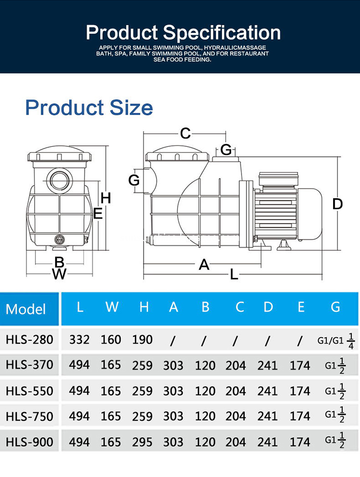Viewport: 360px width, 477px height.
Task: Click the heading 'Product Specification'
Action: pos(183,33)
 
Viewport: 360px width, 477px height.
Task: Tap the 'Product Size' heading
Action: pos(89,107)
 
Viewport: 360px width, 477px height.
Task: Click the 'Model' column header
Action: pos(26,309)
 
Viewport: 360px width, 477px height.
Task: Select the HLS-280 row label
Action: pos(29,340)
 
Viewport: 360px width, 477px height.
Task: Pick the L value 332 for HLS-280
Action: pos(79,340)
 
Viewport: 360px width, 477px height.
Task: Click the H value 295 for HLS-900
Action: pos(143,442)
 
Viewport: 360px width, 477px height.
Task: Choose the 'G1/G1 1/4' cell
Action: pos(336,340)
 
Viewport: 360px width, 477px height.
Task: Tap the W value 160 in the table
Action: pos(111,340)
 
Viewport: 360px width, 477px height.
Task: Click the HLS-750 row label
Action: pos(29,416)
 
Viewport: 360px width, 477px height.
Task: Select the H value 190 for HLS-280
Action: pos(143,340)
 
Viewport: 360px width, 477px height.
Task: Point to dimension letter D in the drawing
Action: pos(338,204)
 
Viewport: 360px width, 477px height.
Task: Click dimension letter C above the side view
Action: pos(185,133)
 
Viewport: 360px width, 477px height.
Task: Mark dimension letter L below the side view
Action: pos(234,274)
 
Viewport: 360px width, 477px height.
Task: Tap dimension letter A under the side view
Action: pos(204,264)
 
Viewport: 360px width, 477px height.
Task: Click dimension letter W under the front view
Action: pos(59,274)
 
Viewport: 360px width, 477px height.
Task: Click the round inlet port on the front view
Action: pos(60,180)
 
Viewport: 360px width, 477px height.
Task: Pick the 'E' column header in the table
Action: pos(300,307)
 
